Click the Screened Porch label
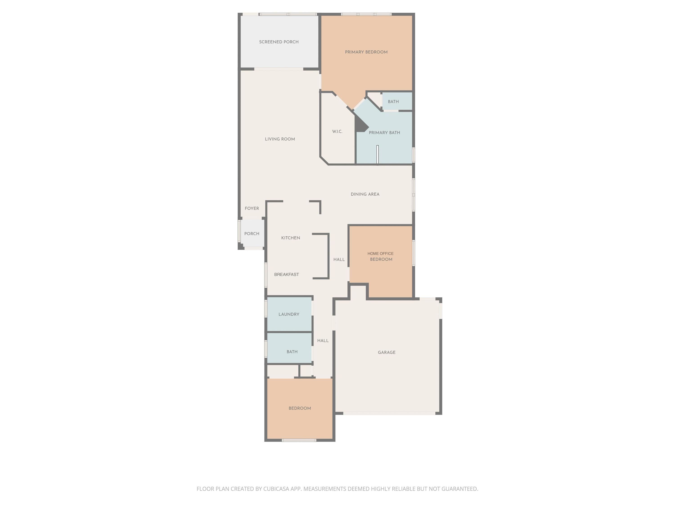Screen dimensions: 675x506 coord(279,42)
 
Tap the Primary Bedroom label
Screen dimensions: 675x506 coord(366,52)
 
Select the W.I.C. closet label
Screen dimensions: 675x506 coord(337,132)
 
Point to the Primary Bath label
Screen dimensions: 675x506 coord(384,133)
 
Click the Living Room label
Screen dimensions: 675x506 coord(280,139)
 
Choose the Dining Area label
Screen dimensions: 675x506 coord(365,194)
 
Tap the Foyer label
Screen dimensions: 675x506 coord(252,208)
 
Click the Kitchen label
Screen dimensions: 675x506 coord(290,238)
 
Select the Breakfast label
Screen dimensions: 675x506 coord(287,275)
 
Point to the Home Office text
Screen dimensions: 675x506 coord(380,253)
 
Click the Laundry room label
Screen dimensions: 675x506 coord(289,314)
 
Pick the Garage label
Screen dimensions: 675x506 coord(387,352)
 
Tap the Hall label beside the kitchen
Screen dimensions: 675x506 coord(339,260)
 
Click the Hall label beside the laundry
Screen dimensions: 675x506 coord(323,341)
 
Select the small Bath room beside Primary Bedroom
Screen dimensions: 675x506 coord(397,101)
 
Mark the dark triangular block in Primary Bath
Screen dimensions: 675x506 coord(360,124)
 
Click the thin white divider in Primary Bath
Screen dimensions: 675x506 coord(378,155)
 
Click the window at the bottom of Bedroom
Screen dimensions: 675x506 coord(299,440)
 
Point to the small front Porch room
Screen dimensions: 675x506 coord(252,233)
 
